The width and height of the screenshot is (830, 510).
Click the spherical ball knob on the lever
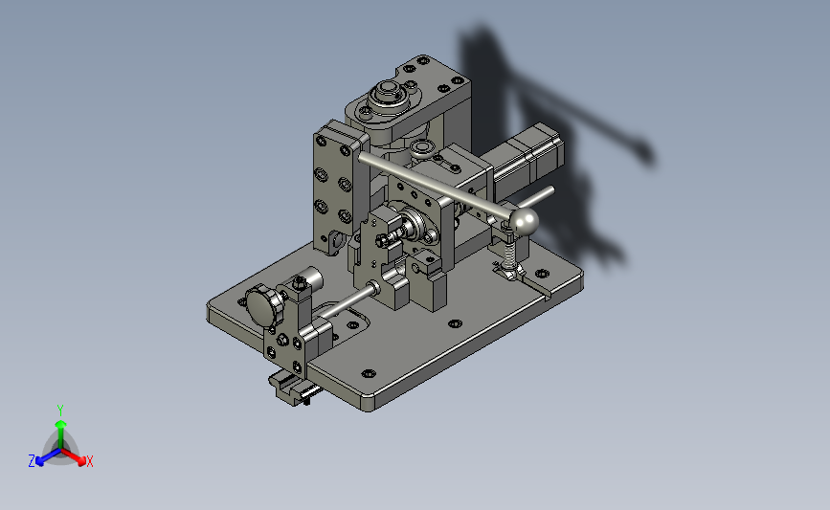[523, 221]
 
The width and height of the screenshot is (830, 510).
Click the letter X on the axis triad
[90, 461]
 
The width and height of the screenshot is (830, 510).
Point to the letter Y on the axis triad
[60, 410]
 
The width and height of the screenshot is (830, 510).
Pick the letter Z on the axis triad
[32, 461]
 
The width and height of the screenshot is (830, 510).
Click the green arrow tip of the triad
[61, 424]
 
